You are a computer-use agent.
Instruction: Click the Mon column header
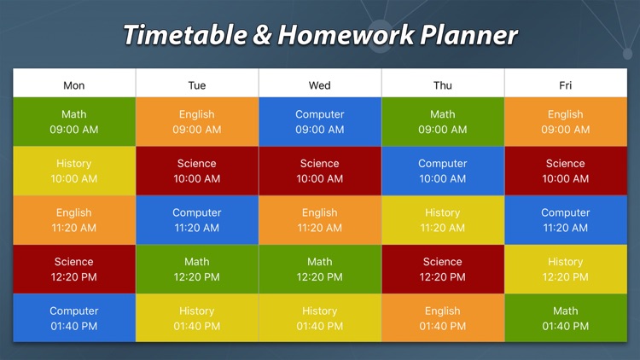[x=74, y=85]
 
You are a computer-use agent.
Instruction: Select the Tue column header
[x=197, y=85]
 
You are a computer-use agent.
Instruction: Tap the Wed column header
[x=320, y=85]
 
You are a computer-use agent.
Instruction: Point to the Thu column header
[x=443, y=85]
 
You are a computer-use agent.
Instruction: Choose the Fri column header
[x=566, y=85]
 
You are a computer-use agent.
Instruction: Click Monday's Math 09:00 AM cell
[x=74, y=122]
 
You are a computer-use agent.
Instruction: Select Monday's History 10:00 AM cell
[x=74, y=171]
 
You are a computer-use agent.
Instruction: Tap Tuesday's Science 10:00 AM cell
[x=197, y=171]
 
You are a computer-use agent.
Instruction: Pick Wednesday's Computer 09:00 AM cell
[x=320, y=122]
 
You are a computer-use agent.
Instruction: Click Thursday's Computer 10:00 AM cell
[x=443, y=171]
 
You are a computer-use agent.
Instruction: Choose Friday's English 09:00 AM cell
[x=566, y=122]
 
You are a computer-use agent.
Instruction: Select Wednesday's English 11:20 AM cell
[x=320, y=220]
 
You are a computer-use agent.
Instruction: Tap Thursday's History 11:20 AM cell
[x=443, y=220]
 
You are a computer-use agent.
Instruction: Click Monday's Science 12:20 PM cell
[x=74, y=269]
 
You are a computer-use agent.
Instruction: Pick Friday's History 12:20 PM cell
[x=566, y=269]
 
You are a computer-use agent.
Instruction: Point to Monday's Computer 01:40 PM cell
[x=74, y=318]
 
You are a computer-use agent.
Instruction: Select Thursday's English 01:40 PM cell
[x=443, y=318]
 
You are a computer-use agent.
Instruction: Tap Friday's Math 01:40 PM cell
[x=566, y=318]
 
